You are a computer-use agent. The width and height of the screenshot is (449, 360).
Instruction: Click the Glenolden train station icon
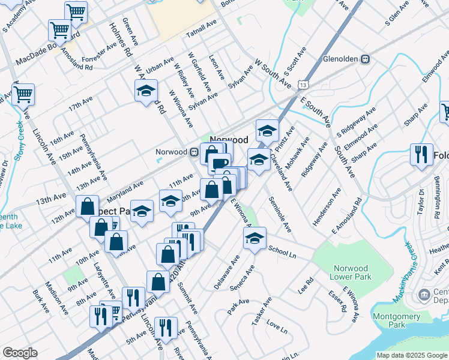click(x=364, y=59)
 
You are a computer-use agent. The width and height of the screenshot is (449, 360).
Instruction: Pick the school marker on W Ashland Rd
click(x=145, y=91)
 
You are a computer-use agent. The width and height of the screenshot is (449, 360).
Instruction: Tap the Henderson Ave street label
click(x=326, y=207)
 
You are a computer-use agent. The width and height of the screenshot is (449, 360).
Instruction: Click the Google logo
click(x=20, y=352)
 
